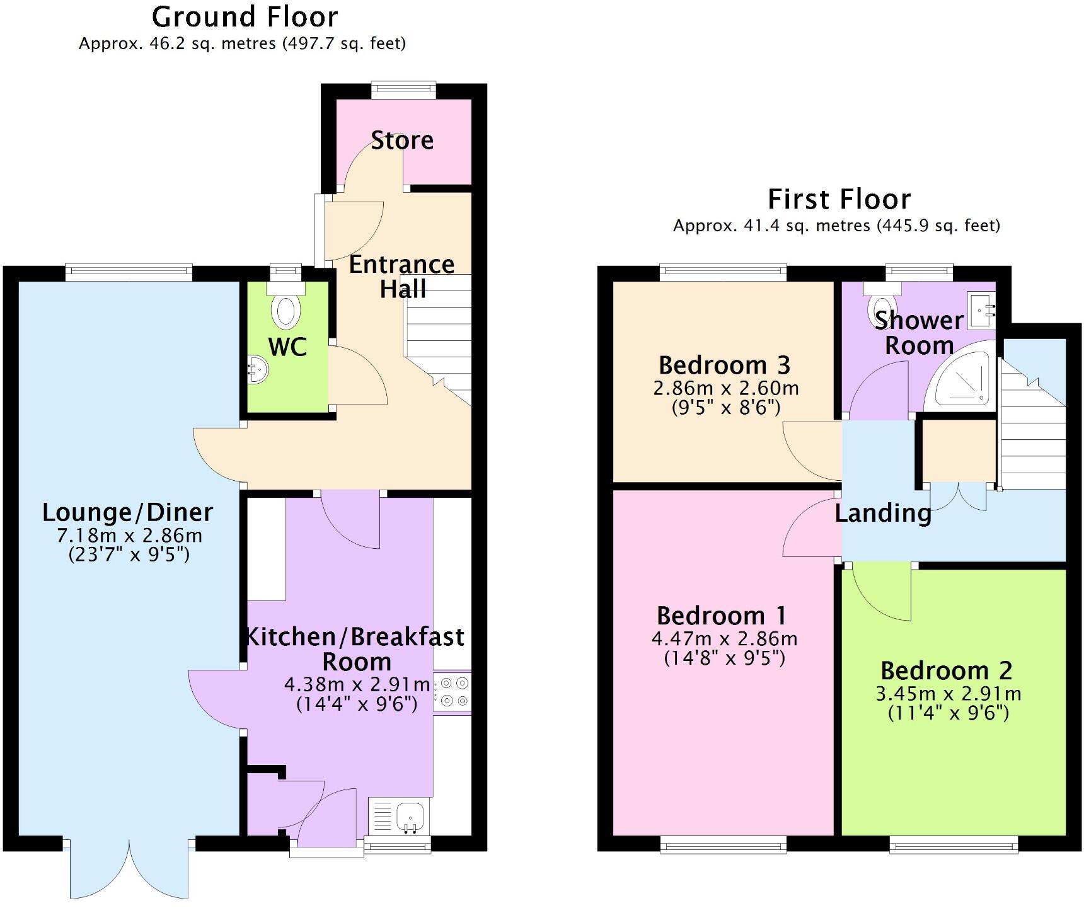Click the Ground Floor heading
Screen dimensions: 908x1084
(x=245, y=17)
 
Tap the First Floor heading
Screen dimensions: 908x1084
(x=839, y=200)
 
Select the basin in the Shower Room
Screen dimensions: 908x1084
(x=982, y=310)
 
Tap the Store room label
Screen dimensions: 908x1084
(x=402, y=141)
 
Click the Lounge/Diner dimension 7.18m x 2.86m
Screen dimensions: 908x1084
(x=129, y=536)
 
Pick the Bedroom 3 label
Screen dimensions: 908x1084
(x=724, y=365)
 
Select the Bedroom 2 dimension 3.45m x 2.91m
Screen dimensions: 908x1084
(x=948, y=694)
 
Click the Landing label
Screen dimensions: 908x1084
(x=883, y=514)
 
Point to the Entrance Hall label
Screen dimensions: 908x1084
(x=402, y=276)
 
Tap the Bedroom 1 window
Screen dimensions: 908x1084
(x=723, y=844)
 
